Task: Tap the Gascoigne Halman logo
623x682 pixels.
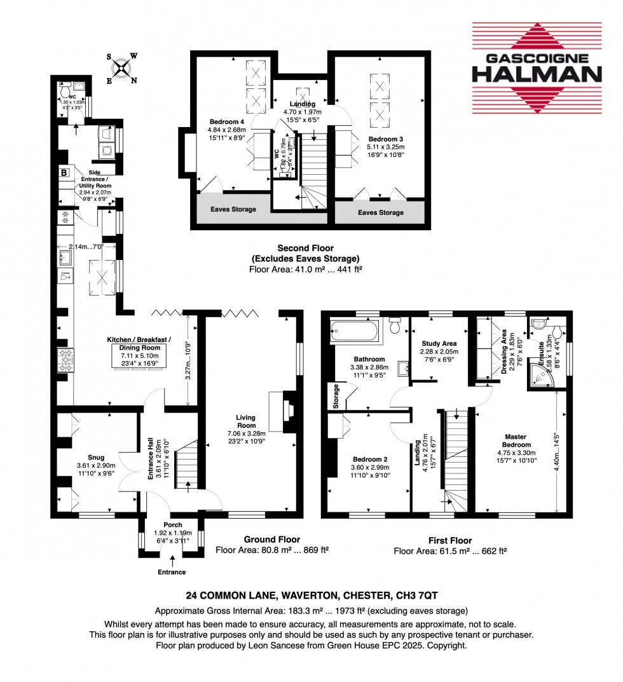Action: point(536,68)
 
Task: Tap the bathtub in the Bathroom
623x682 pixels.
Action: point(354,330)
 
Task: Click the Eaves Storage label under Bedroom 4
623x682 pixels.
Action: point(234,209)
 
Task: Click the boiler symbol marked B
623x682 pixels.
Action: point(64,173)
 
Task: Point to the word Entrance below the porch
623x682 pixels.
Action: point(172,572)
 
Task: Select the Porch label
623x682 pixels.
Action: point(172,525)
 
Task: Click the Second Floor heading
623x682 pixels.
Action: point(305,248)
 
